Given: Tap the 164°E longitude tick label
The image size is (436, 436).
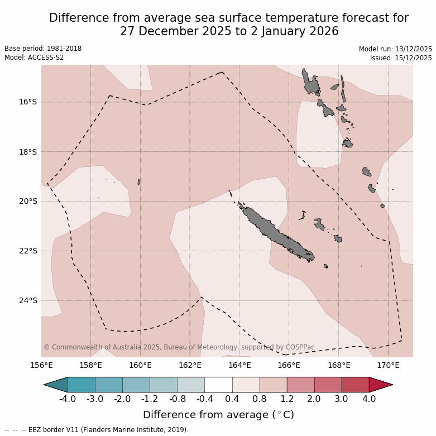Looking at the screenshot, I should pos(239,366).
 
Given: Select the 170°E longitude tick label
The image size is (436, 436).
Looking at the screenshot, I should pos(388,366).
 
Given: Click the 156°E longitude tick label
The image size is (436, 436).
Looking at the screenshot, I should pos(41,366).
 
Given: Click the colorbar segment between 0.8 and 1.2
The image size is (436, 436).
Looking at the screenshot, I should pos(273,385).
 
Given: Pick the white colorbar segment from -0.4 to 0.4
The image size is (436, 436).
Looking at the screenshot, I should pos(218,385).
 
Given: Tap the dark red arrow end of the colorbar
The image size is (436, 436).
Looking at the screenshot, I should pos(380,385).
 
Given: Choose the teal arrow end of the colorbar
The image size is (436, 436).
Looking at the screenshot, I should pos(56,385).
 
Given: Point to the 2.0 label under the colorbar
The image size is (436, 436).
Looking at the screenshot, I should pos(314,399).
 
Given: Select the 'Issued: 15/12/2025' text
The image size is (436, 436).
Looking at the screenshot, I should pos(401,58).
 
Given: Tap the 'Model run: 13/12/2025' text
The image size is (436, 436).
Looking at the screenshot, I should pos(395,49).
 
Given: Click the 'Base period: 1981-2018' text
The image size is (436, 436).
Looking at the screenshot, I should pos(43,49).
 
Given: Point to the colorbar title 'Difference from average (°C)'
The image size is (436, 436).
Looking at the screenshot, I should pos(218,415).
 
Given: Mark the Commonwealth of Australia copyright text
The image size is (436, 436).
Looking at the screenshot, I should pos(179,347).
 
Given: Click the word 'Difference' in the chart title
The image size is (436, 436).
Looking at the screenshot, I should pos(79,18).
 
